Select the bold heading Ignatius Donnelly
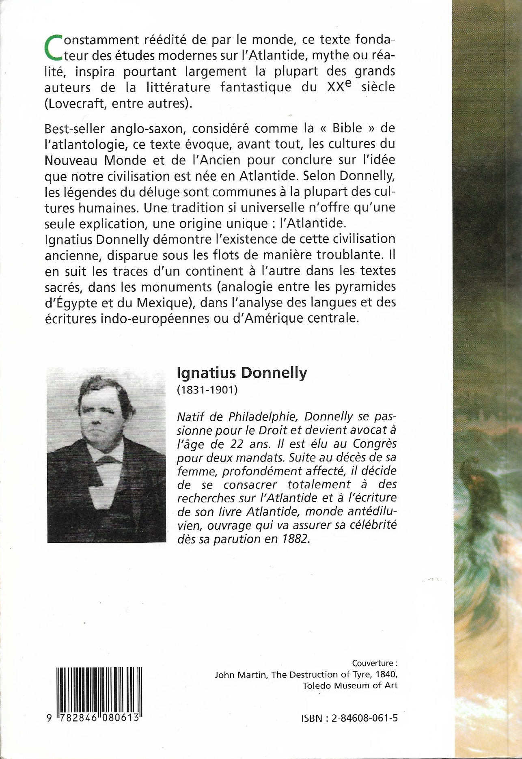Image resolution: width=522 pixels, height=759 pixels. (242, 373)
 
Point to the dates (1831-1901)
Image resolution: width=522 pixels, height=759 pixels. (207, 390)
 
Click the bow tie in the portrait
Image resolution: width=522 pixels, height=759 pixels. (106, 460)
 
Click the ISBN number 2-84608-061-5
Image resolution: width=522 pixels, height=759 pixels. (365, 718)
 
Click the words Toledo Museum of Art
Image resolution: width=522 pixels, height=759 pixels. (350, 686)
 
